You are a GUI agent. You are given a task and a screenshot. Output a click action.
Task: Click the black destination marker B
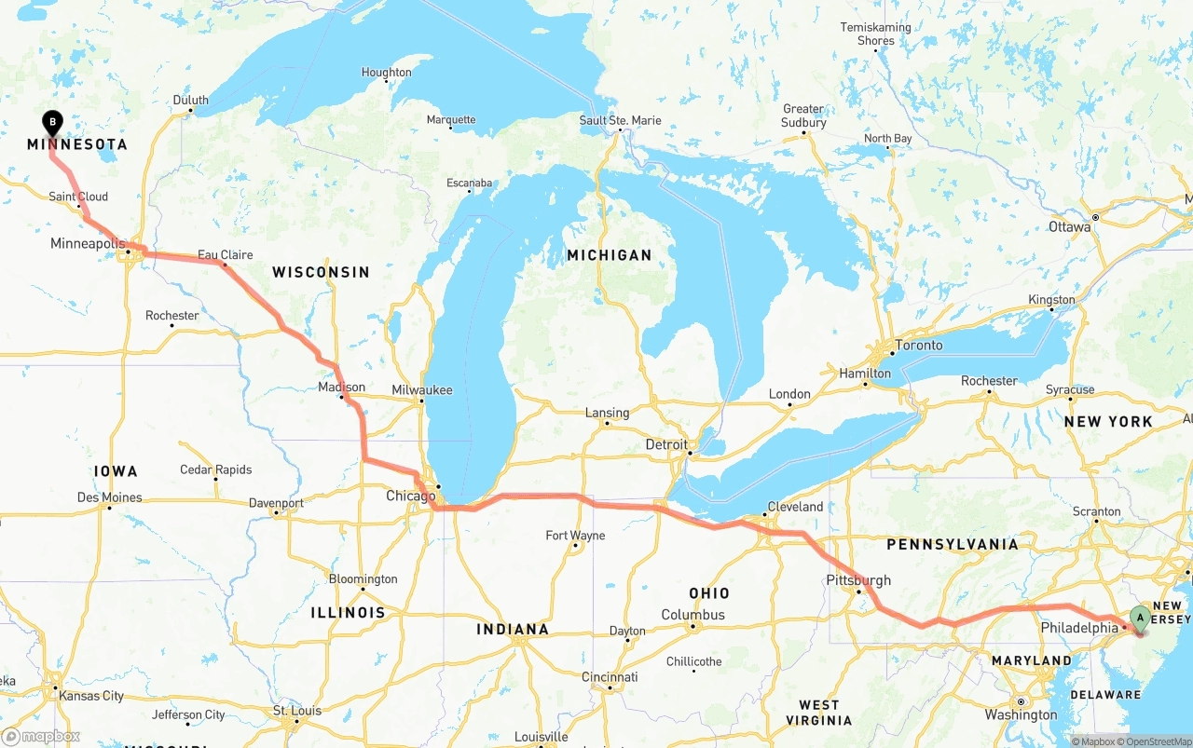click(x=53, y=122)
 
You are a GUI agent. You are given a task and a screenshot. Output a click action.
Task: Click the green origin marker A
click(x=1139, y=617)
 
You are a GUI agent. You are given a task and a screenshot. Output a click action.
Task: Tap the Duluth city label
click(x=191, y=101)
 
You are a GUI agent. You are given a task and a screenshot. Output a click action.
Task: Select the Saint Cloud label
click(x=78, y=197)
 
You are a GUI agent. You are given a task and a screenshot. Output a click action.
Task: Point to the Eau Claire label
click(x=225, y=254)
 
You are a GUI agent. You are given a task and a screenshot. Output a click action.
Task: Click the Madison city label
click(x=341, y=388)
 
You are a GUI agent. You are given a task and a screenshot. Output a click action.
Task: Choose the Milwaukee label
click(x=422, y=390)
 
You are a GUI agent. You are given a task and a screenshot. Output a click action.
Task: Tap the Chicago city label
click(x=410, y=496)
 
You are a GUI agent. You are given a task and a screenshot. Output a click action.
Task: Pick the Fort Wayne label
click(x=575, y=536)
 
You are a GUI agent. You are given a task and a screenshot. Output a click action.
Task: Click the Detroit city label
click(x=666, y=445)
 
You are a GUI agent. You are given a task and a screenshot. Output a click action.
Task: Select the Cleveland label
click(x=795, y=508)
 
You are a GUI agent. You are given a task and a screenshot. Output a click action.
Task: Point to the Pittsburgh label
click(x=858, y=580)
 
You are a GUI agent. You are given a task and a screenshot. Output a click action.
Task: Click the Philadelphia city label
click(x=1079, y=629)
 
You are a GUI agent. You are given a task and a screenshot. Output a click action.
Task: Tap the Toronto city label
click(x=918, y=346)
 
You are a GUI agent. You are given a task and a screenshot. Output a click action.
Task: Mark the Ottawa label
click(x=1069, y=227)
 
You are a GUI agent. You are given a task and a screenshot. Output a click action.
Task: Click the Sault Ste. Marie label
click(x=620, y=120)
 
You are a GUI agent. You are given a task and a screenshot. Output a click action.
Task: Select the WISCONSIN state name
click(x=321, y=272)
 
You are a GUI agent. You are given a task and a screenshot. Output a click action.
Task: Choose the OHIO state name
click(x=708, y=593)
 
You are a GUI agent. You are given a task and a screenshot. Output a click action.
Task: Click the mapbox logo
click(x=40, y=736)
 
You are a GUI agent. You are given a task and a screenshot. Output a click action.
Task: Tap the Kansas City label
click(x=90, y=696)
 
